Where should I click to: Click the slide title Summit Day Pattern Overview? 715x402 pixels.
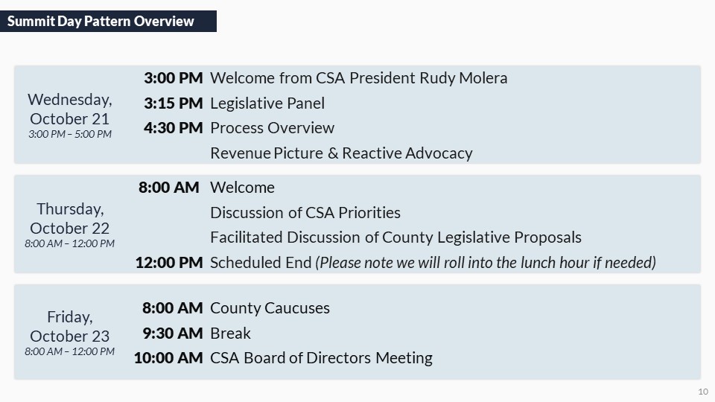[x=101, y=21]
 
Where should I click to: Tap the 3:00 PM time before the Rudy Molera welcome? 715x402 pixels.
[x=174, y=78]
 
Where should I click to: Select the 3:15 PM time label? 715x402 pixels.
[x=174, y=103]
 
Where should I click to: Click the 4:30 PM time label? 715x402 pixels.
[x=174, y=127]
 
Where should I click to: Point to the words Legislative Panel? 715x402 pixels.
[x=267, y=103]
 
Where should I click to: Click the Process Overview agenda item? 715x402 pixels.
[x=273, y=128]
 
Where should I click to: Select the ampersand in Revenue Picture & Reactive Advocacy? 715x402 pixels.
[x=333, y=153]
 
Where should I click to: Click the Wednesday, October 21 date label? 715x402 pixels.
[x=70, y=109]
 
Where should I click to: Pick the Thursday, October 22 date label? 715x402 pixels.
[x=70, y=218]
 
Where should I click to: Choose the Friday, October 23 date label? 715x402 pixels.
[x=70, y=326]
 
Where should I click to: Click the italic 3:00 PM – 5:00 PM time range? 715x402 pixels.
[x=70, y=134]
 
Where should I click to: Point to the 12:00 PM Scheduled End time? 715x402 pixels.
[x=169, y=263]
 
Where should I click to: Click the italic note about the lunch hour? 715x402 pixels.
[x=486, y=263]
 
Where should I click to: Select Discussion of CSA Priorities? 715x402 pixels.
[x=305, y=213]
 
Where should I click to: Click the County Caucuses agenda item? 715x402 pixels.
[x=270, y=308]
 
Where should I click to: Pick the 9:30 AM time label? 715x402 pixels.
[x=173, y=334]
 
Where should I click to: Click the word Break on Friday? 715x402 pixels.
[x=230, y=334]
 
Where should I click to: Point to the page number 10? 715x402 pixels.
[x=703, y=392]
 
